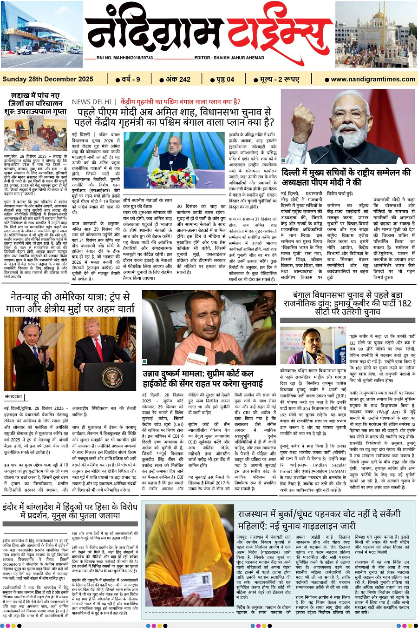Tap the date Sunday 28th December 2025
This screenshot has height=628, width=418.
pos(48,79)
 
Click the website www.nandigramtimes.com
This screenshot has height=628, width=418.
pos(373,79)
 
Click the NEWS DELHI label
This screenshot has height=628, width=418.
pos(91,102)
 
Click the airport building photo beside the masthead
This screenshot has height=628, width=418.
pos(41,35)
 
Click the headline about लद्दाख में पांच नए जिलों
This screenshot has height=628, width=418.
pos(35,103)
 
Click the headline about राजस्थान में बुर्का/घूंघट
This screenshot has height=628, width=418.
pos(319,520)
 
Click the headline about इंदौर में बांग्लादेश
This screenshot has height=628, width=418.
pos(70,511)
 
